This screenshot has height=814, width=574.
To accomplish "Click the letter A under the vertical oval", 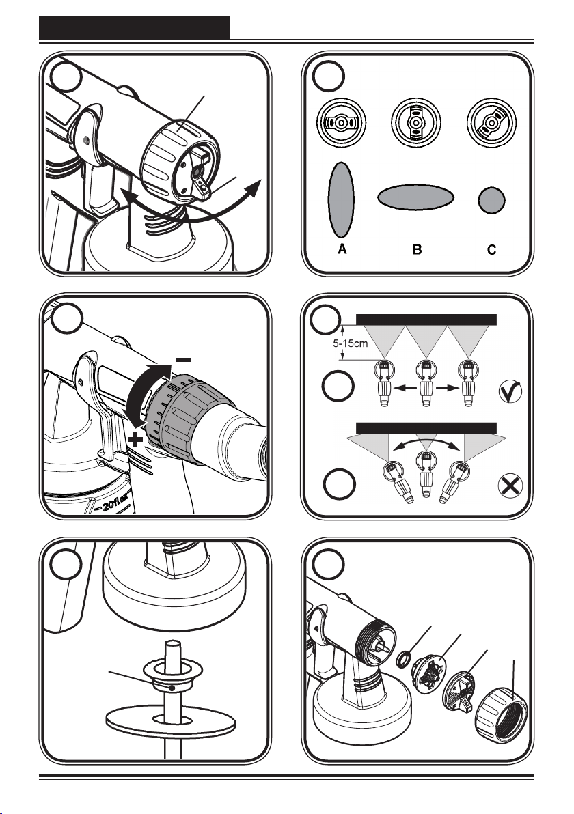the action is [x=342, y=249].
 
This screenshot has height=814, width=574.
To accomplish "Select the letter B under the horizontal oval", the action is [x=417, y=250].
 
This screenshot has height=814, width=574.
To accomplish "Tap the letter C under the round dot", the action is [x=491, y=250].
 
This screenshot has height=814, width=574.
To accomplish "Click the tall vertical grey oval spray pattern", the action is [x=341, y=200].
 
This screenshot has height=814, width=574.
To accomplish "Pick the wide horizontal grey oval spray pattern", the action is [x=415, y=197].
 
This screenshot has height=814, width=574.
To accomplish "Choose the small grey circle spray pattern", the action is [x=491, y=200].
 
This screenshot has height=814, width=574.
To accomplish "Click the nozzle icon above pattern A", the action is [x=341, y=122].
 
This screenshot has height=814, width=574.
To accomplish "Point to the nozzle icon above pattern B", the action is [x=415, y=122].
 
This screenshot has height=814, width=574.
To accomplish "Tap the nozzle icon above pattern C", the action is [x=491, y=122].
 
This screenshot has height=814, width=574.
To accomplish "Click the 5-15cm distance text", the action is [x=350, y=343].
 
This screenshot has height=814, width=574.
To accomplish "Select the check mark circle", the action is [x=510, y=391].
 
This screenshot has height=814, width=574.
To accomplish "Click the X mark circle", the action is [x=510, y=486].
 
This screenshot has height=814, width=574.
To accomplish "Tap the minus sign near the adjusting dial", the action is [x=183, y=359].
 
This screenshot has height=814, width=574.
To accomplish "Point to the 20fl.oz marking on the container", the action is [x=116, y=503].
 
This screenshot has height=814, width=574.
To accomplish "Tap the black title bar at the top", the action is [x=135, y=27].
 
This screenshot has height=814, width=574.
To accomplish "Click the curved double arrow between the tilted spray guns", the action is [x=426, y=440].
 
